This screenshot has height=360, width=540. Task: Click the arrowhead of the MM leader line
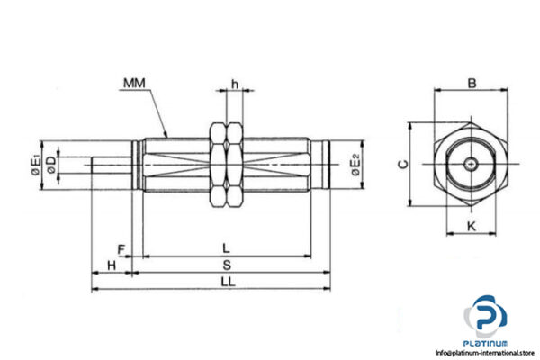(x=167, y=135)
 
